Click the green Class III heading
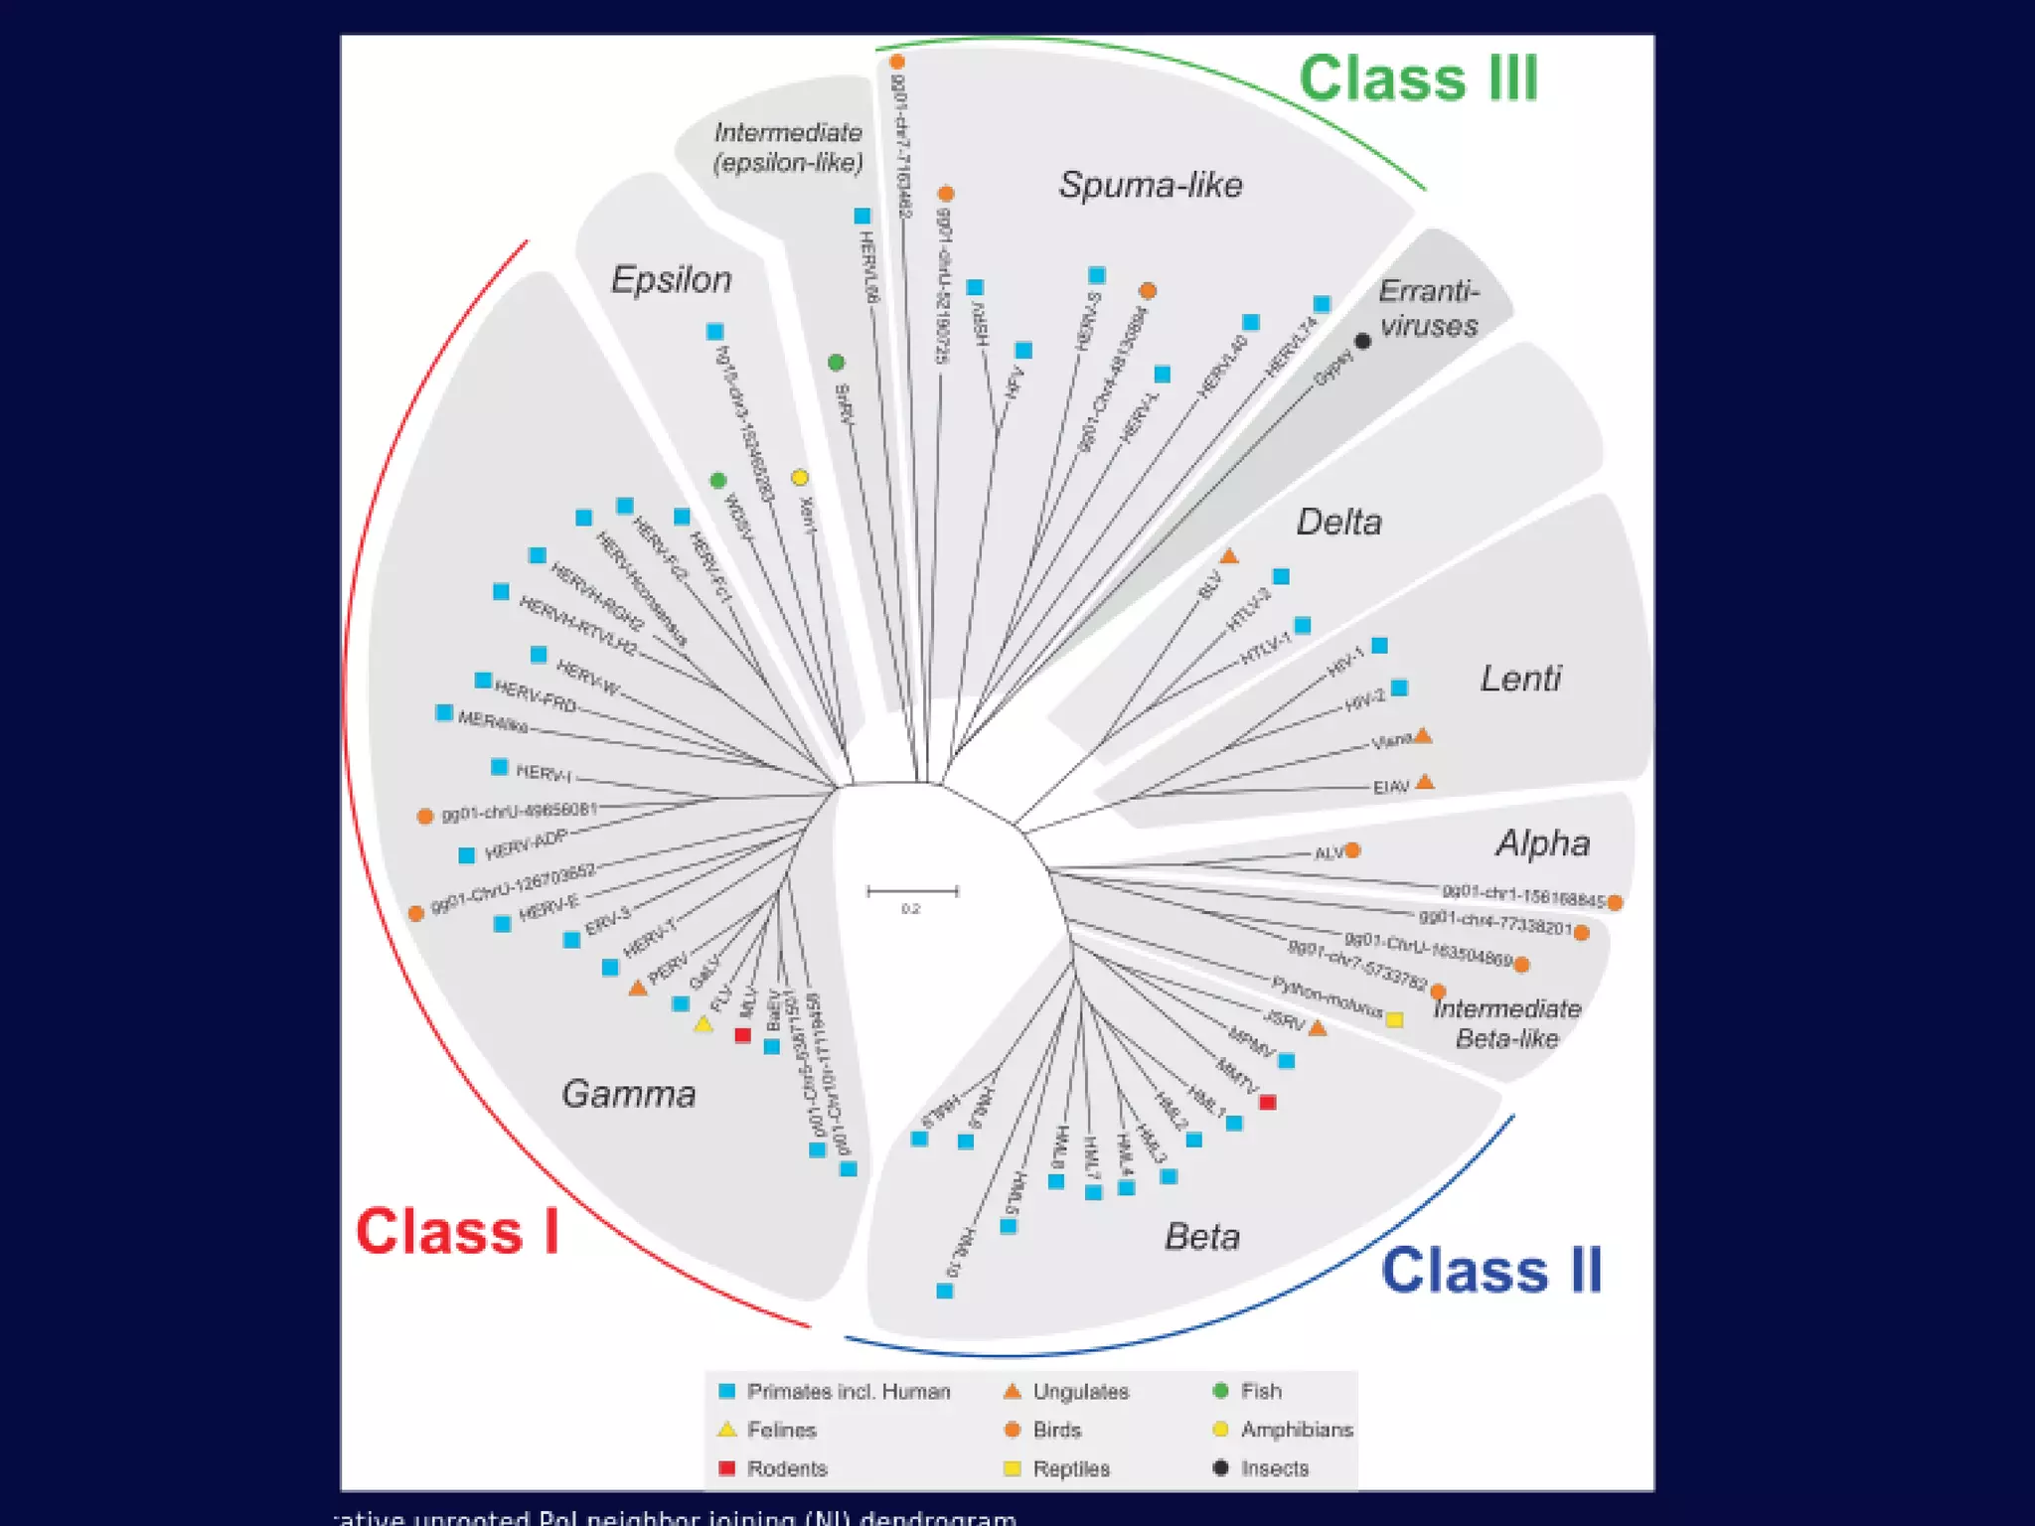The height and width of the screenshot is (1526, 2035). pos(1418,78)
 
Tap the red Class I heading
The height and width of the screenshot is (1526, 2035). pos(457,1232)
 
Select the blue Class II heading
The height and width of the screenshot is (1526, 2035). pos(1491,1271)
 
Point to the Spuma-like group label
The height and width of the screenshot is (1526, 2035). pos(1151,185)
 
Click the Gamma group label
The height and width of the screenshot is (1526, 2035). pos(628,1094)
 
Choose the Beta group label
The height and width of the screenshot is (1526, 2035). pos(1201,1237)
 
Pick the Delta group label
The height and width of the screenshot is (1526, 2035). pos(1338,523)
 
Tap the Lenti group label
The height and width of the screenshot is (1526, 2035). pos(1520,679)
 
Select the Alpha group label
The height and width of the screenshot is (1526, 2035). pos(1542,843)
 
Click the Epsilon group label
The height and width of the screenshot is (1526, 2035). pos(671,280)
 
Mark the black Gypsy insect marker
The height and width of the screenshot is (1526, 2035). pos(1363,342)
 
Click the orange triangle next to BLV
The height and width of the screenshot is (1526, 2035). pos(1229,556)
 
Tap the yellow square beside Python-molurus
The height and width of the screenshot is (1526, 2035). pos(1395,1020)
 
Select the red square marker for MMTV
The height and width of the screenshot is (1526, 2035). pos(1267,1103)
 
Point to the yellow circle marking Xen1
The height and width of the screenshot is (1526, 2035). pos(800,478)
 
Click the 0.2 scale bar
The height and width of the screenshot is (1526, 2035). pos(912,892)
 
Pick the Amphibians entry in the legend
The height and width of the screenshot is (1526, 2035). pos(1296,1430)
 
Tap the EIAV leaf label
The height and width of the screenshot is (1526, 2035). pos(1391,787)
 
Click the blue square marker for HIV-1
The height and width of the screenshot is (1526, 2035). pos(1379,646)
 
